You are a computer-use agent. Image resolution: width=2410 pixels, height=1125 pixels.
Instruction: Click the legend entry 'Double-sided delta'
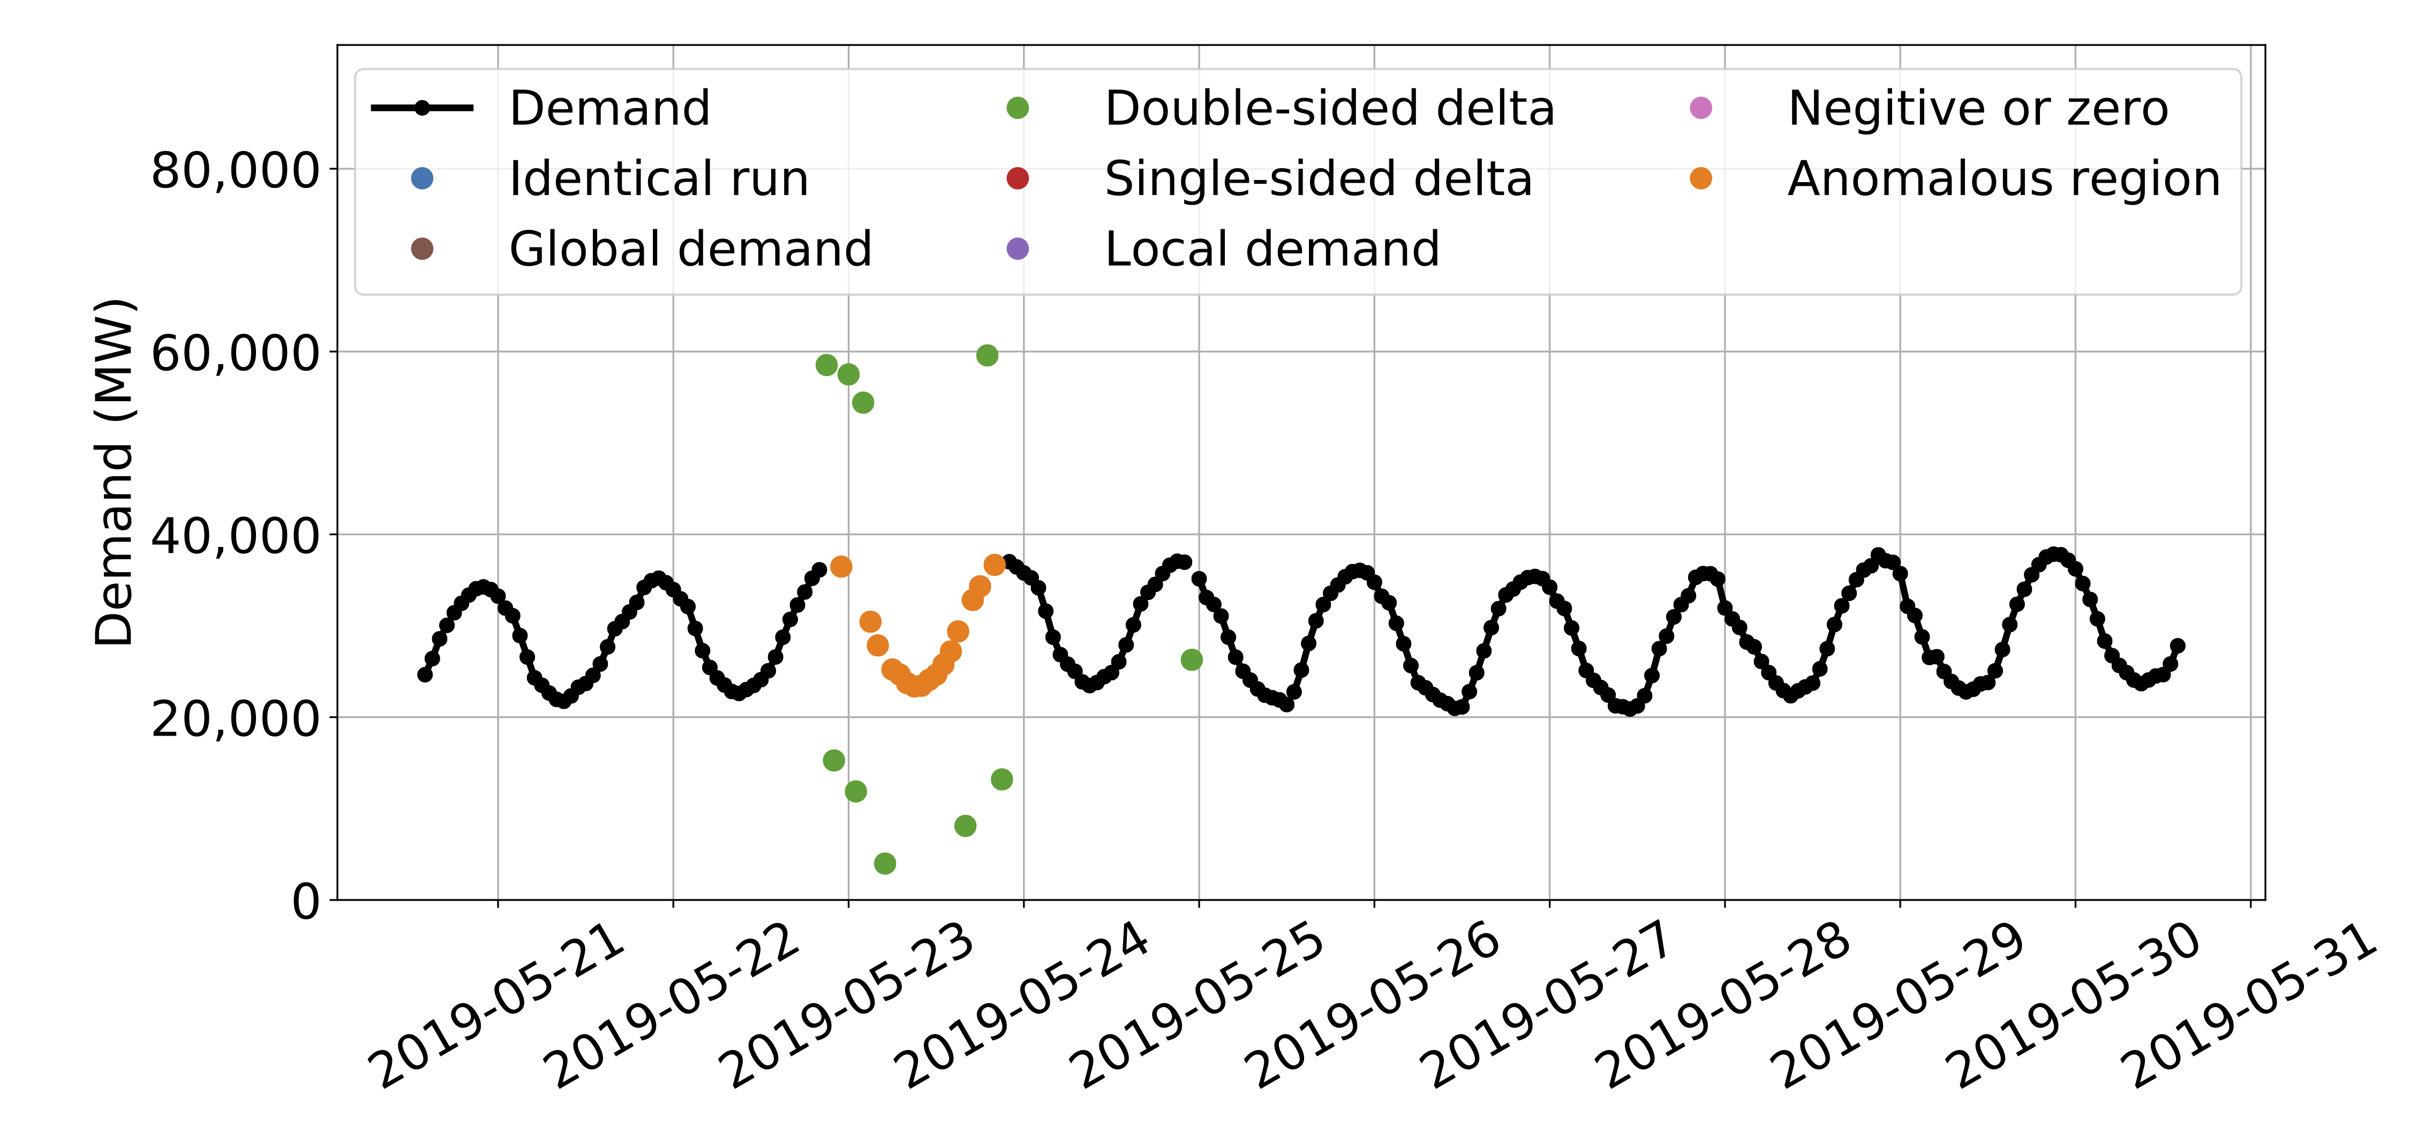(1329, 109)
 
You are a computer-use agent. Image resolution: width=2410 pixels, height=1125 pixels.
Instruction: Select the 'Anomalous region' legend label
(2003, 179)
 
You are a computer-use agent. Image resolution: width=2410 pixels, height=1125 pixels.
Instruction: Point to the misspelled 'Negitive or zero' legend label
(1977, 109)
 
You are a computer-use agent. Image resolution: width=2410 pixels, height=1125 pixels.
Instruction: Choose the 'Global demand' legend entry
(689, 249)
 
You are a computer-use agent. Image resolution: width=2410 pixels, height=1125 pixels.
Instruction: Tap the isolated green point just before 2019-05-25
(1191, 660)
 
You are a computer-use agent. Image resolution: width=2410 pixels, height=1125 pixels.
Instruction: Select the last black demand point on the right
(2177, 646)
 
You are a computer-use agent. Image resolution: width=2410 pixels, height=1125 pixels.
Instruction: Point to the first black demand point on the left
(425, 674)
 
